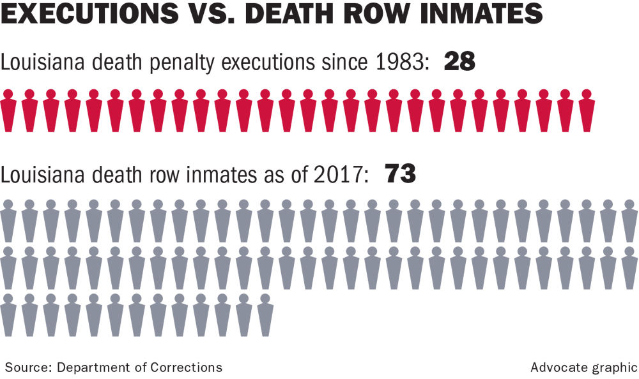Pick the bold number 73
point(400,174)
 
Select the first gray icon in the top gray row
point(8,221)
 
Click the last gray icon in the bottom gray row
point(265,314)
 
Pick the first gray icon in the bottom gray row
point(8,314)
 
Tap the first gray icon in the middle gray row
point(8,267)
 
